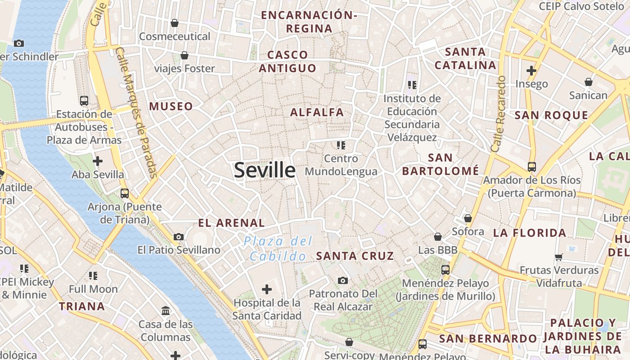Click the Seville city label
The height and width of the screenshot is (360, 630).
pyautogui.click(x=265, y=171)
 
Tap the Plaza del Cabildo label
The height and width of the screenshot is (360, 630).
pyautogui.click(x=278, y=249)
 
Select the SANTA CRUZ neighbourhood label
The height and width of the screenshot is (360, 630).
pyautogui.click(x=355, y=256)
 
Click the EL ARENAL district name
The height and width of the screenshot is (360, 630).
pyautogui.click(x=232, y=223)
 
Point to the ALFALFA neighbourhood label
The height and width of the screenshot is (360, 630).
pyautogui.click(x=317, y=112)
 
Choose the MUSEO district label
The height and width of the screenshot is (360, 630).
pyautogui.click(x=171, y=107)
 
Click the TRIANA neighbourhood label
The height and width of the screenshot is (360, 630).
pyautogui.click(x=82, y=306)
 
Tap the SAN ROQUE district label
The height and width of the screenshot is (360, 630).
pyautogui.click(x=551, y=115)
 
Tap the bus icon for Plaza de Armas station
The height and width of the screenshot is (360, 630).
pyautogui.click(x=84, y=100)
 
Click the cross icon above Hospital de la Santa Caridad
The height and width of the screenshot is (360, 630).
pyautogui.click(x=267, y=289)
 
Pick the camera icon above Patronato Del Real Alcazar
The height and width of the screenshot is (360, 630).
pyautogui.click(x=343, y=280)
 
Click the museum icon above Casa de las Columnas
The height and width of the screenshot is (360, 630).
pyautogui.click(x=165, y=310)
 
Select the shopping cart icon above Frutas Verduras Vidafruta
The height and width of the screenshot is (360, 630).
pyautogui.click(x=559, y=257)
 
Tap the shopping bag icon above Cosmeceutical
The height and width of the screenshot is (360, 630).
pyautogui.click(x=175, y=23)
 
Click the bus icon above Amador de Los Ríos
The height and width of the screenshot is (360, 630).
pyautogui.click(x=531, y=167)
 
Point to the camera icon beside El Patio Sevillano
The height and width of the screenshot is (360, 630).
pyautogui.click(x=179, y=237)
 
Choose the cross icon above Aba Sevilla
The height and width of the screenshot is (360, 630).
pyautogui.click(x=97, y=161)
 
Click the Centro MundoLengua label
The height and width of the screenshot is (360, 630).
pyautogui.click(x=341, y=165)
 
